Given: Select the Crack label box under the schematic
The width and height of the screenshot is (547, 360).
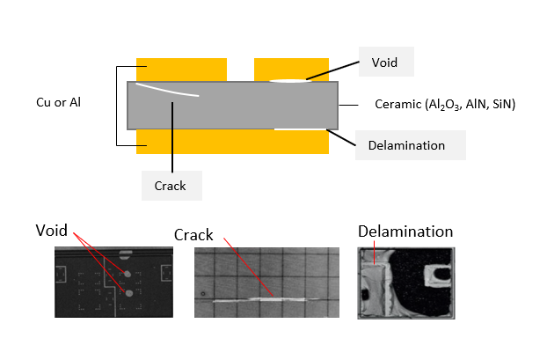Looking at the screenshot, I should (x=171, y=186).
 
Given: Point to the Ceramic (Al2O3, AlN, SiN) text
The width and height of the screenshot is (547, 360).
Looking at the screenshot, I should (x=444, y=105).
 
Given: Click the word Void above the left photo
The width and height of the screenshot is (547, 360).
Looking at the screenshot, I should (x=52, y=231).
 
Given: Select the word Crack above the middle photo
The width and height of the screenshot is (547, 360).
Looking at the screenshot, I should (x=193, y=235).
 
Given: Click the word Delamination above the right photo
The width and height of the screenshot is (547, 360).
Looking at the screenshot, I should (x=405, y=231).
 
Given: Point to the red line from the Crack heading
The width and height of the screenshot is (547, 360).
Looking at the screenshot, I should (x=251, y=268).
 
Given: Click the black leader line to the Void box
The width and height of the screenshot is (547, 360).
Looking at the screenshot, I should (x=334, y=70).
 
